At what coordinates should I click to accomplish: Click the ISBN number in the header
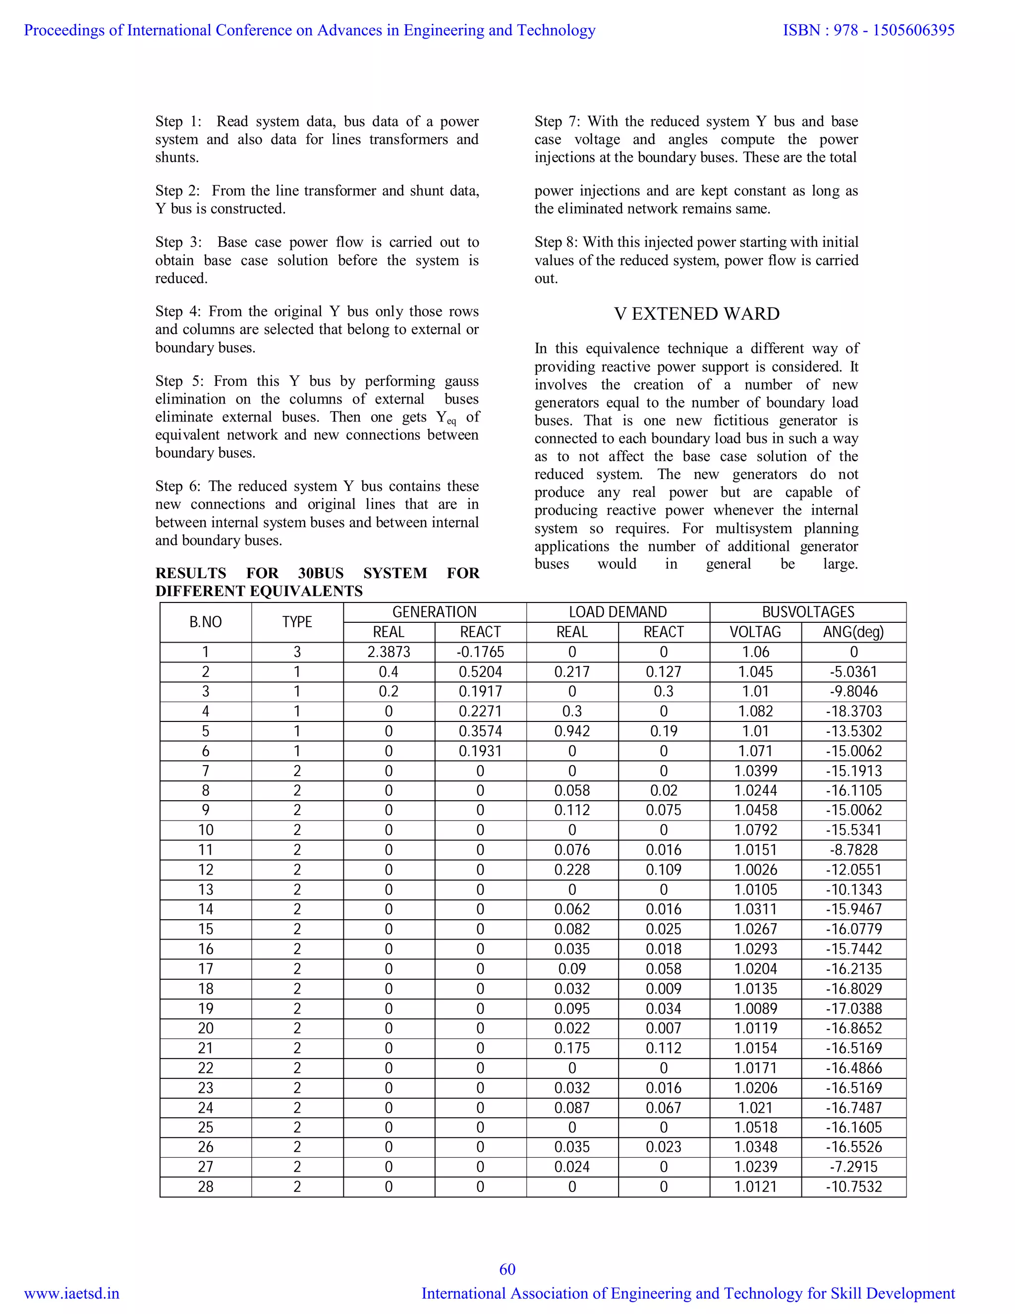(x=868, y=30)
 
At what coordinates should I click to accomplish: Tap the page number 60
(x=507, y=1269)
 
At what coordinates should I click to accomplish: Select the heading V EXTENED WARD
(x=696, y=313)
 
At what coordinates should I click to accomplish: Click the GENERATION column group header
(x=434, y=612)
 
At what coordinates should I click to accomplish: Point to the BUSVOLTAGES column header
(x=807, y=612)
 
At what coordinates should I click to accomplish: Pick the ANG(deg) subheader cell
(x=853, y=632)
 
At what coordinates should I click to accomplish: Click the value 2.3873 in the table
(x=389, y=652)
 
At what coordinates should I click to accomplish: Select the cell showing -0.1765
(x=480, y=652)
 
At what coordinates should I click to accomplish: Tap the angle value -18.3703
(x=853, y=711)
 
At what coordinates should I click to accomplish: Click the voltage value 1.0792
(x=755, y=830)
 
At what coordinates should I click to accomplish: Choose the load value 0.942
(x=572, y=731)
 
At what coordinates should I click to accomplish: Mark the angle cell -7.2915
(x=853, y=1167)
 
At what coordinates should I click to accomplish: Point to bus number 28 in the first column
(x=205, y=1187)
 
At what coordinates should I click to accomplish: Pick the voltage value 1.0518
(x=755, y=1127)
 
